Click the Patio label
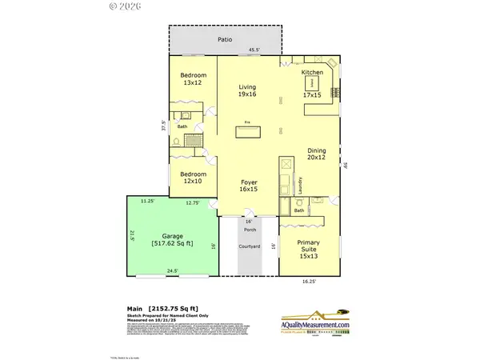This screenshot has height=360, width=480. click(x=225, y=38)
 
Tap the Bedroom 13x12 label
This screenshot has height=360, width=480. click(x=192, y=78)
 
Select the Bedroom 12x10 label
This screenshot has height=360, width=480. click(x=193, y=178)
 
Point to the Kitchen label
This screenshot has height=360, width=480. click(x=312, y=72)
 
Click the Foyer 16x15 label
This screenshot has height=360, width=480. click(x=249, y=186)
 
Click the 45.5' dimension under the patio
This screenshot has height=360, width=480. click(x=254, y=50)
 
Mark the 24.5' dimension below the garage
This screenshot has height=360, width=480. click(x=172, y=271)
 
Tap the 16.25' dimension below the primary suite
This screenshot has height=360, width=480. click(x=309, y=282)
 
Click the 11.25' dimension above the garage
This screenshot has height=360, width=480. click(x=146, y=202)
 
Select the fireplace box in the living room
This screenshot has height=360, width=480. click(x=248, y=132)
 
